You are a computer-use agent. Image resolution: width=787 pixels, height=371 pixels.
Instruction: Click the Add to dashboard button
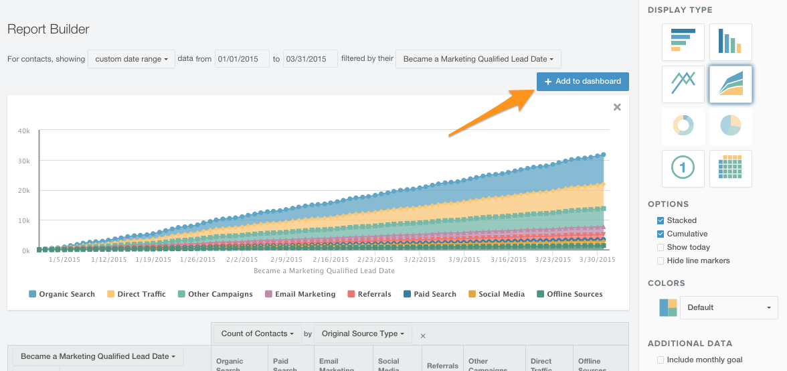(x=582, y=81)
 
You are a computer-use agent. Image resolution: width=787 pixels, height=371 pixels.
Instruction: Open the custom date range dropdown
(x=131, y=59)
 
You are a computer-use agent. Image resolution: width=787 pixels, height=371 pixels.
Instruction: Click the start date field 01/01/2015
(x=242, y=59)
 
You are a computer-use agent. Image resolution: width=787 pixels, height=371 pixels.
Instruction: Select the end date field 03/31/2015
(x=309, y=59)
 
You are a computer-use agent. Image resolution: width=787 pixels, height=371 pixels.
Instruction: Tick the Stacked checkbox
(x=661, y=220)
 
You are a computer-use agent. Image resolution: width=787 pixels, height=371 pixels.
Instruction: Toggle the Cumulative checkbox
(x=661, y=234)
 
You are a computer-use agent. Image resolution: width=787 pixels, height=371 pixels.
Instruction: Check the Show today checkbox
(x=661, y=247)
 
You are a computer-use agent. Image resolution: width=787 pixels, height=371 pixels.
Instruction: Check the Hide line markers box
(x=661, y=261)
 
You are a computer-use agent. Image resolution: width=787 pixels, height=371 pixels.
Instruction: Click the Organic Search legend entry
(x=62, y=294)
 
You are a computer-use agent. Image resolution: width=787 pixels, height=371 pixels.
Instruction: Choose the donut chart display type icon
(x=683, y=125)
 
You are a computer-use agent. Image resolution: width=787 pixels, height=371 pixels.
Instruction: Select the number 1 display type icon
(x=683, y=168)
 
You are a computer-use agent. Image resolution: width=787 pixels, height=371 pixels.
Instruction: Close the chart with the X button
(x=617, y=107)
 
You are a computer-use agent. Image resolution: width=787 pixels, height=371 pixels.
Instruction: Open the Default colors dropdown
(x=728, y=307)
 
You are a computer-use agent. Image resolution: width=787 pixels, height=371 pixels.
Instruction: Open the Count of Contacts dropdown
(x=258, y=333)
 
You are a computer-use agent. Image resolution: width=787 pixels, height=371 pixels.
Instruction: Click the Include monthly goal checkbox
(x=661, y=360)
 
